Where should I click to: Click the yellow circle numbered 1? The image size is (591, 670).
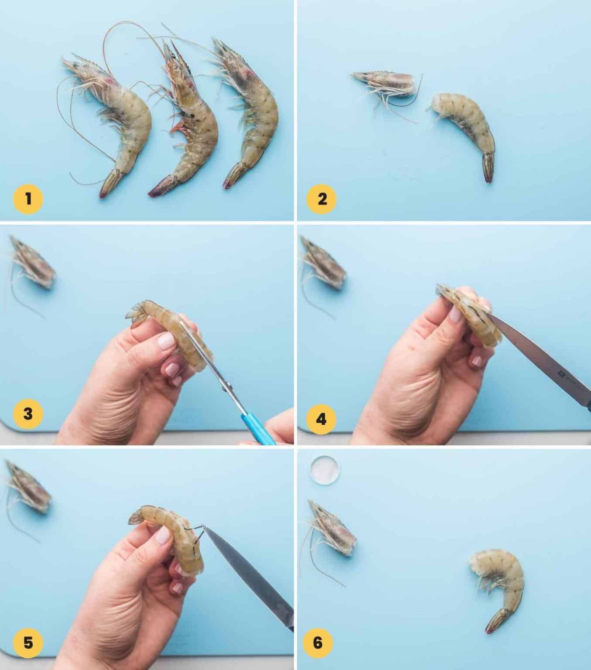(28, 199)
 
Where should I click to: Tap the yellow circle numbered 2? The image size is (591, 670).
(322, 199)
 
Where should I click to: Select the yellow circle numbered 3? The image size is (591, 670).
(28, 414)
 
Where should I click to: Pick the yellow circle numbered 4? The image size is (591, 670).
(321, 420)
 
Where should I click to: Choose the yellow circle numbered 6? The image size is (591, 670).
(318, 643)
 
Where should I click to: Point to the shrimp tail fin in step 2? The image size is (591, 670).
(489, 167)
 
